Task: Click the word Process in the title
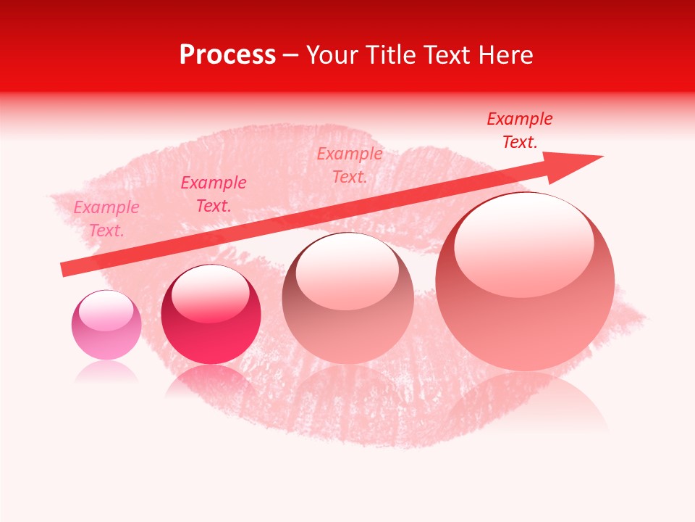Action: (x=227, y=55)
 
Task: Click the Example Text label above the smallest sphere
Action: (x=106, y=219)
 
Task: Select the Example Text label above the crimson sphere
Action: (x=214, y=194)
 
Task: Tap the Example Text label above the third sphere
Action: (x=350, y=165)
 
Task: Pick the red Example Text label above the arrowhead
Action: (x=520, y=130)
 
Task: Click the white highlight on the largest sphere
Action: (x=523, y=243)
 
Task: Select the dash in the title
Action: (x=291, y=55)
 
